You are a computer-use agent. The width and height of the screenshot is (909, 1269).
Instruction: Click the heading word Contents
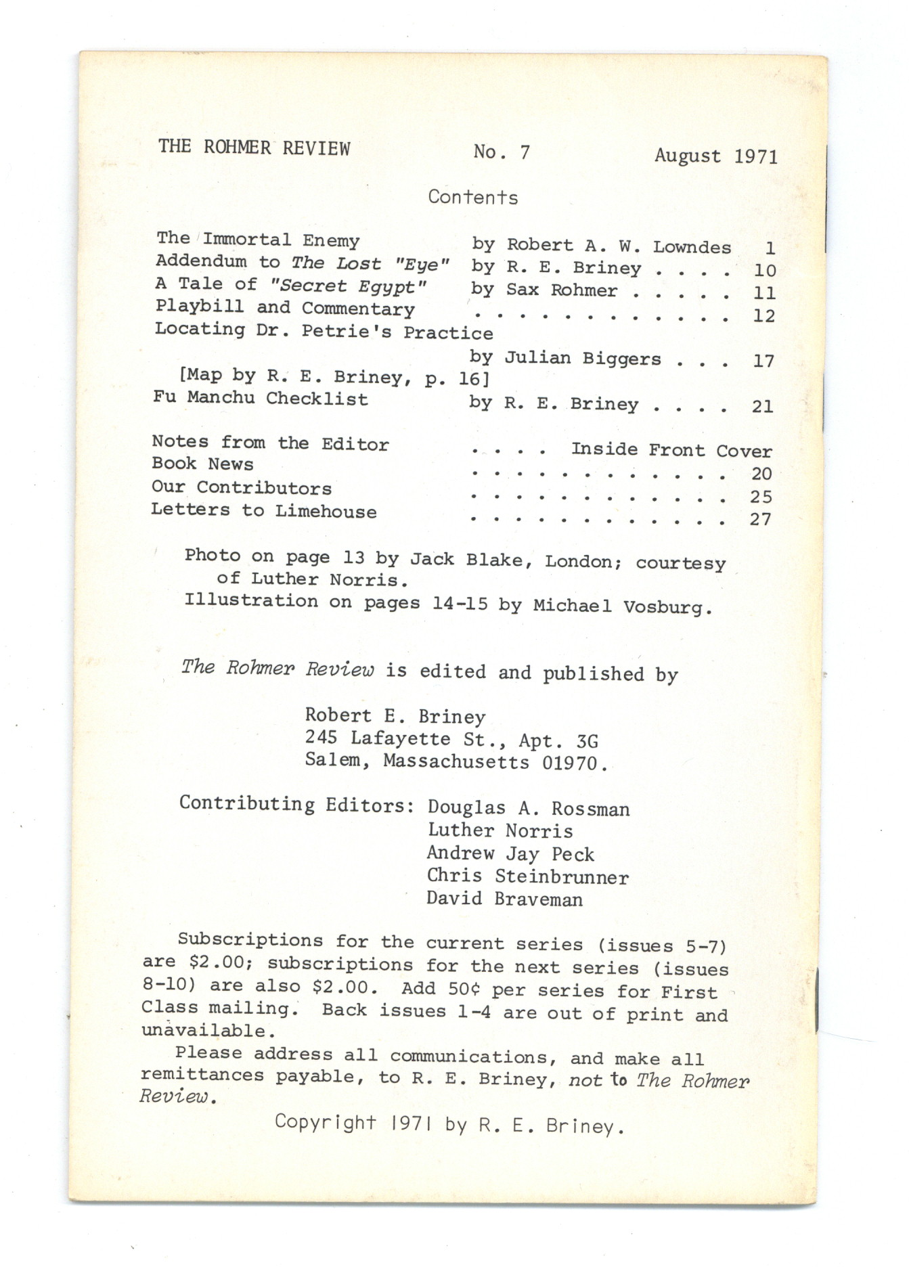pyautogui.click(x=472, y=197)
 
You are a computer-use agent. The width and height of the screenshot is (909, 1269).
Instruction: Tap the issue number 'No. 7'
pyautogui.click(x=502, y=152)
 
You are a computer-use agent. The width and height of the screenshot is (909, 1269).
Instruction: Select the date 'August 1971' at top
pyautogui.click(x=715, y=156)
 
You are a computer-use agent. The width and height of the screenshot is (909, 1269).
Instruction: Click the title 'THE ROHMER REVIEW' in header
pyautogui.click(x=254, y=148)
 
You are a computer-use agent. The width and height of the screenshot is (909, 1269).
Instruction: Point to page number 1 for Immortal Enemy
pyautogui.click(x=770, y=248)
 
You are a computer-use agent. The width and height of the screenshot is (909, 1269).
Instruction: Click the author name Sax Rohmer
pyautogui.click(x=561, y=290)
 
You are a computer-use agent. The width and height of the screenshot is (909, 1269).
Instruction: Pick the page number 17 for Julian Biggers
pyautogui.click(x=763, y=361)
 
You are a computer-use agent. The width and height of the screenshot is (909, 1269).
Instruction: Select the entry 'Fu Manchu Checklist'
pyautogui.click(x=261, y=398)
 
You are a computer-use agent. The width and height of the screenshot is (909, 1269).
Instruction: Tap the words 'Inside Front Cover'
pyautogui.click(x=671, y=450)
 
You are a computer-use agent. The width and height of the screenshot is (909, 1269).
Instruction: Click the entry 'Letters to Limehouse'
pyautogui.click(x=263, y=510)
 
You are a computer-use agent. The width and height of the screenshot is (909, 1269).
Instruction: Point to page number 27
pyautogui.click(x=760, y=519)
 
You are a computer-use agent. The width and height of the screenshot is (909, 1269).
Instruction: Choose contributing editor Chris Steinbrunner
pyautogui.click(x=527, y=876)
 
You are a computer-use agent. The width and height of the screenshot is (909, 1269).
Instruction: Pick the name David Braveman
pyautogui.click(x=504, y=899)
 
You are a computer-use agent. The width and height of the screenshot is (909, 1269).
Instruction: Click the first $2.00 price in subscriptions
pyautogui.click(x=217, y=963)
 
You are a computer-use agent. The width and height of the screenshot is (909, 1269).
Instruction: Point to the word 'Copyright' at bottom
pyautogui.click(x=325, y=1122)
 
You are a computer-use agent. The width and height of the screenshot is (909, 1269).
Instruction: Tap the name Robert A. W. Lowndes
pyautogui.click(x=619, y=246)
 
